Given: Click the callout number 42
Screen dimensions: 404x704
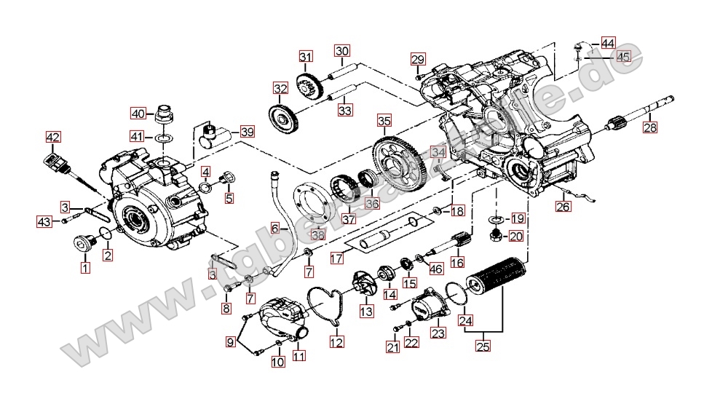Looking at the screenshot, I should pos(53,137).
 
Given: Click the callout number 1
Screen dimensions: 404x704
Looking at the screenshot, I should pos(86,268).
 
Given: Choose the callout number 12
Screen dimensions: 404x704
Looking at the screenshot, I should pos(336,341).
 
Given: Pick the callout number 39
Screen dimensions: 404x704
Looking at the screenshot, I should pos(248,132).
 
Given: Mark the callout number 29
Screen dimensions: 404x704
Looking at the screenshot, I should pos(417,59).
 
